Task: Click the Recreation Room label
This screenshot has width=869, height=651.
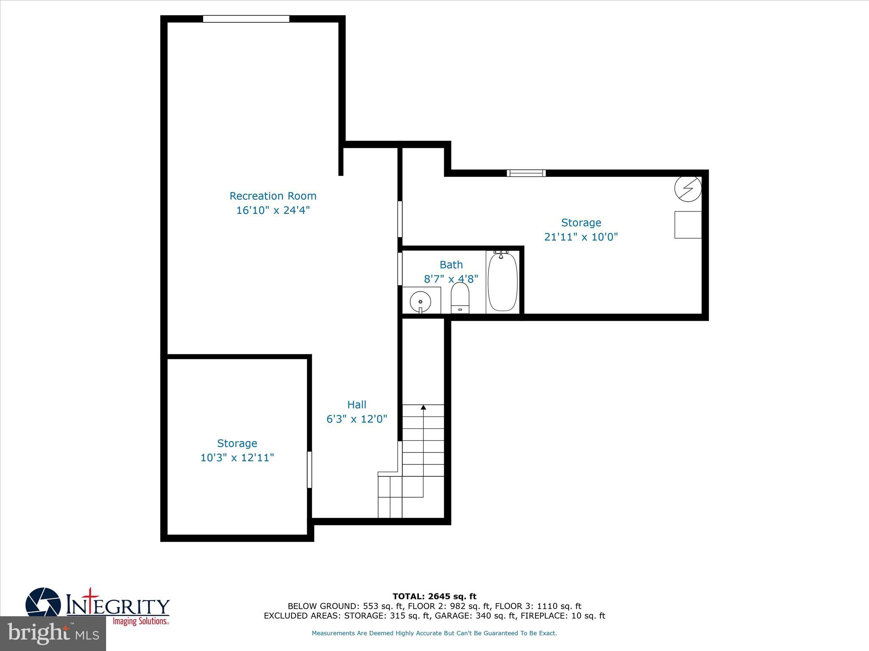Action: click(x=273, y=196)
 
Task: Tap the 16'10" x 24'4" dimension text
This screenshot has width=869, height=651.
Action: click(x=273, y=210)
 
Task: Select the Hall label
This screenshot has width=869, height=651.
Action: click(x=356, y=405)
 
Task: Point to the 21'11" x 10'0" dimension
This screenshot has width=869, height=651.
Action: click(x=581, y=237)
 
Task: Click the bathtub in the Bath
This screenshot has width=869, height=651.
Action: click(x=502, y=281)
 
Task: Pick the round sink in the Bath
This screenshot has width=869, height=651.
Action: click(x=420, y=302)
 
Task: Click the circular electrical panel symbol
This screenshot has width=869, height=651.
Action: click(x=688, y=189)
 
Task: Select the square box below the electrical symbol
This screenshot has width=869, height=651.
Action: click(x=688, y=225)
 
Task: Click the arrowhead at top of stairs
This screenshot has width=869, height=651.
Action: click(x=423, y=407)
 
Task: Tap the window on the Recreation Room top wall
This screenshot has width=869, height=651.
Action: click(x=246, y=19)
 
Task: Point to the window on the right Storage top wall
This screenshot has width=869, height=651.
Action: click(x=526, y=173)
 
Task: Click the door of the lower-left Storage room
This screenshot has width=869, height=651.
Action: click(x=309, y=470)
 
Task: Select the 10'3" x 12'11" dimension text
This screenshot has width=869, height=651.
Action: click(x=237, y=458)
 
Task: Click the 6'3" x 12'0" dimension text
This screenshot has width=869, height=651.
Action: click(x=356, y=419)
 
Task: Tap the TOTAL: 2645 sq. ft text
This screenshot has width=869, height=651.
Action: click(x=434, y=596)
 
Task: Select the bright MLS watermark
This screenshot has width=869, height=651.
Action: click(x=53, y=634)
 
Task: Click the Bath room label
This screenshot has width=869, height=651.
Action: click(x=451, y=265)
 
